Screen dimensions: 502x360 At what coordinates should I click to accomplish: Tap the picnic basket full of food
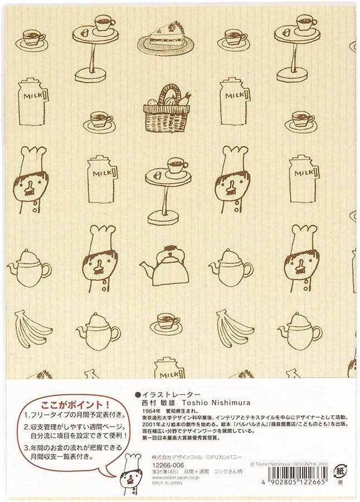[x=166, y=110]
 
